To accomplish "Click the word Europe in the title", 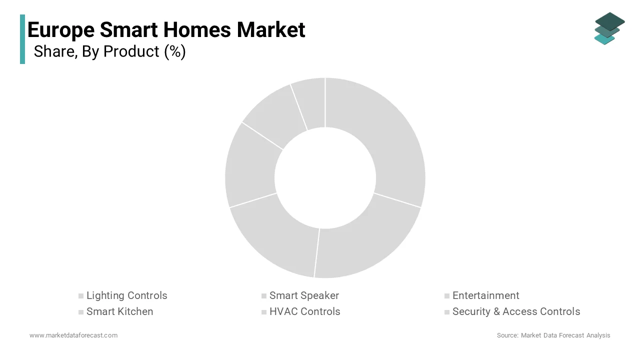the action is click(x=61, y=30).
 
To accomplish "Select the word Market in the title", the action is click(x=271, y=29).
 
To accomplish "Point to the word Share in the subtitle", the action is click(x=55, y=51).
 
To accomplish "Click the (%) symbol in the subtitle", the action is click(x=175, y=51).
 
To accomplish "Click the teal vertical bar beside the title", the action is click(x=22, y=39).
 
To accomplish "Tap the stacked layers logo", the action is click(x=609, y=28).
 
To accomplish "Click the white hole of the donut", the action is click(x=325, y=177).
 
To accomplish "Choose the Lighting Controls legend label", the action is click(x=127, y=295).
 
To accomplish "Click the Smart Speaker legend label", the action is click(x=304, y=295).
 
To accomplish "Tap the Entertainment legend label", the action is click(x=485, y=295).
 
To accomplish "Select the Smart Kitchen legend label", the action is click(x=119, y=311).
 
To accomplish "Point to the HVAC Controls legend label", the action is click(x=305, y=311).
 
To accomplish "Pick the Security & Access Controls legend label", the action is click(x=516, y=311).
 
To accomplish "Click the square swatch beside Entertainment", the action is click(x=447, y=296).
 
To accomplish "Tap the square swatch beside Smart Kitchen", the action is click(x=81, y=312).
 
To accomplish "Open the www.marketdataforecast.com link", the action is click(x=73, y=335).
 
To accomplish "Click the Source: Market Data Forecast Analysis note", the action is click(x=553, y=335).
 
